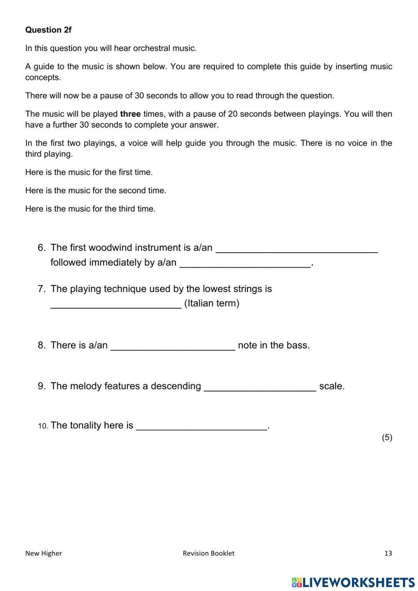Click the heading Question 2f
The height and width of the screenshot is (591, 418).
coord(48,30)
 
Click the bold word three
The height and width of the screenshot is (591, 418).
coord(130,114)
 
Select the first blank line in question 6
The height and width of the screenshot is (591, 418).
coord(296,249)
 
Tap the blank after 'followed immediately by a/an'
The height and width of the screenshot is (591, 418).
coord(245,264)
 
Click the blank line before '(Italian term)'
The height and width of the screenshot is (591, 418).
coord(116,304)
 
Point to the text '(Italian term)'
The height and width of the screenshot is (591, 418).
coord(212,303)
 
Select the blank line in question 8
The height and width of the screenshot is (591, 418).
coord(173,346)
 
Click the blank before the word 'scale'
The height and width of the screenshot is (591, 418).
coord(260,387)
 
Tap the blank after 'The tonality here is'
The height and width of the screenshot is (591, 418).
coord(201,426)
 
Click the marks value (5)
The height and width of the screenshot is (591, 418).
coord(387,437)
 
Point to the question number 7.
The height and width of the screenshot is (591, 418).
coord(41,289)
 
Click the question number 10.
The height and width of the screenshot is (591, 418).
coord(43,426)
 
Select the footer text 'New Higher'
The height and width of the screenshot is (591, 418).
coord(43,553)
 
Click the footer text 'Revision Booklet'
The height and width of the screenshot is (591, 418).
coord(209,553)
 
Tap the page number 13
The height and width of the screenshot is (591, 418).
coord(388,553)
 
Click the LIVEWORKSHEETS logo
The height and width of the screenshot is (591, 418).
coord(353,582)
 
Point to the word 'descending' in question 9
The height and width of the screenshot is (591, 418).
coord(176,386)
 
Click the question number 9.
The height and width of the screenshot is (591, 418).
coord(41,386)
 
